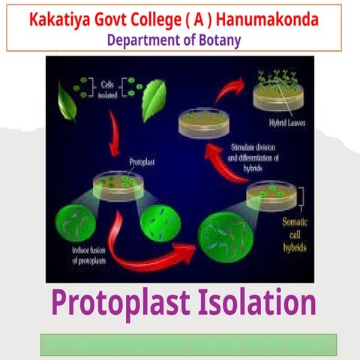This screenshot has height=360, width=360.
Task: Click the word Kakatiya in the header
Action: [62, 18]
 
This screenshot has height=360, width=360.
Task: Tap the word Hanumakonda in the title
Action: [271, 18]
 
